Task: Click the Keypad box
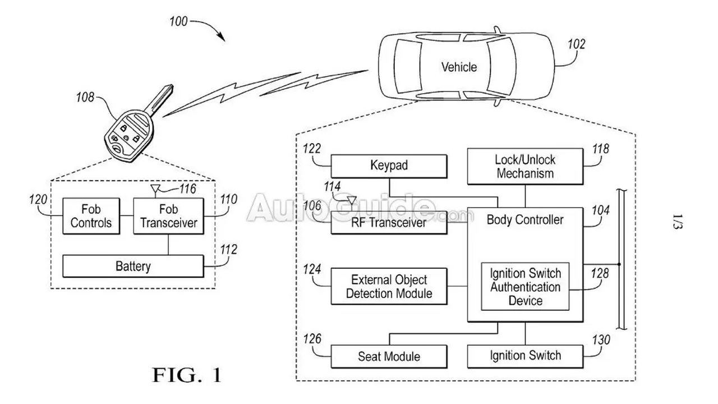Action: (389, 166)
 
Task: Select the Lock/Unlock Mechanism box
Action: (525, 166)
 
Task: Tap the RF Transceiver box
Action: (389, 223)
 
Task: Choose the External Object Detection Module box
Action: (389, 286)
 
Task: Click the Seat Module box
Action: (389, 356)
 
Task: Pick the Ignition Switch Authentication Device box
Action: (525, 286)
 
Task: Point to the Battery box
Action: (133, 266)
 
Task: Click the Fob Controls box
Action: (91, 216)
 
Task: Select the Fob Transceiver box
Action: (168, 216)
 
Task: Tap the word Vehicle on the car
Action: (459, 67)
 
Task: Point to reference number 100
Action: (178, 21)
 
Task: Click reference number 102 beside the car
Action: (576, 44)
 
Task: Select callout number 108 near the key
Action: (85, 97)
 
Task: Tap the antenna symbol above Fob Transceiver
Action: (155, 190)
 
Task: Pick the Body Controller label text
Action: (525, 219)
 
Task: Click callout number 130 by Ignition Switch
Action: (601, 340)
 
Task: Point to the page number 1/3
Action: (677, 221)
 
